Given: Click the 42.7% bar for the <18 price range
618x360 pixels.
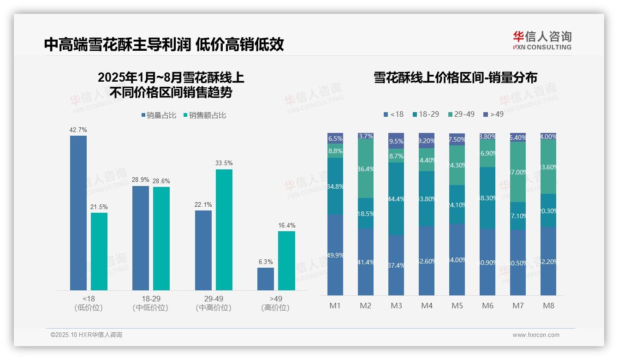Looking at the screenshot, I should pyautogui.click(x=78, y=212).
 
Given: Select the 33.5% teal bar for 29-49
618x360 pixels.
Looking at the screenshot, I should pyautogui.click(x=224, y=229).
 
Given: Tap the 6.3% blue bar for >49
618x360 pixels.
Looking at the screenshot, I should pyautogui.click(x=266, y=279).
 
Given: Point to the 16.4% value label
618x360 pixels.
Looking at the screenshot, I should pyautogui.click(x=286, y=226).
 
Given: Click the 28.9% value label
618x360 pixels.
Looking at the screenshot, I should pyautogui.click(x=141, y=180).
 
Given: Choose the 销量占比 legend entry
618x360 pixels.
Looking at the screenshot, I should pyautogui.click(x=159, y=115).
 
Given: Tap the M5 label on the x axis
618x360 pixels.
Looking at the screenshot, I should pyautogui.click(x=457, y=306).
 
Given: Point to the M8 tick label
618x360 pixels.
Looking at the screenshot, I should pyautogui.click(x=548, y=306).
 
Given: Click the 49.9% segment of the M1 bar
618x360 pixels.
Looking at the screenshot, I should pyautogui.click(x=335, y=255).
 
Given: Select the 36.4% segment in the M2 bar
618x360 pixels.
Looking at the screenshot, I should pyautogui.click(x=366, y=169).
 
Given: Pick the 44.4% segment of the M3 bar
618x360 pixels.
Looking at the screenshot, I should pyautogui.click(x=396, y=198).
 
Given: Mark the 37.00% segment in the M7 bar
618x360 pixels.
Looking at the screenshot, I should pyautogui.click(x=518, y=172).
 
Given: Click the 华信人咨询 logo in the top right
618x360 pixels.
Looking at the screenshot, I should pyautogui.click(x=542, y=40).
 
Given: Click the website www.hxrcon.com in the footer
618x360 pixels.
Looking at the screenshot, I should pyautogui.click(x=535, y=335).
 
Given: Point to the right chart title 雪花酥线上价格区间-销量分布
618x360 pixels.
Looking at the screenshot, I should pyautogui.click(x=455, y=78).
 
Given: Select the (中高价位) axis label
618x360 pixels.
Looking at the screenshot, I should pyautogui.click(x=213, y=308).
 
